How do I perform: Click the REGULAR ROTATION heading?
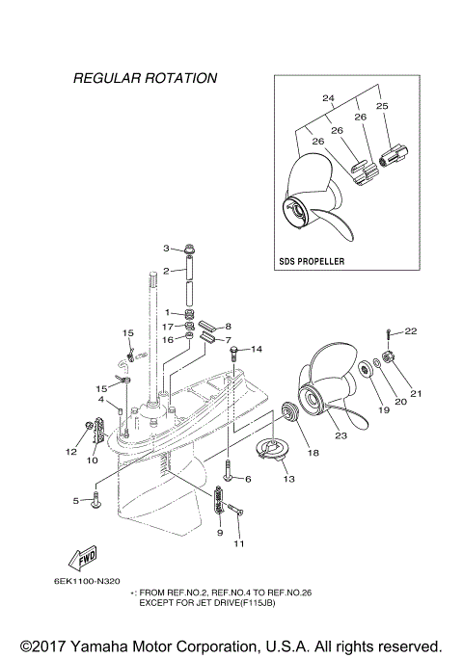145,77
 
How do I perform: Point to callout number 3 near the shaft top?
166,248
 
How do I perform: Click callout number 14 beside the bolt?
257,350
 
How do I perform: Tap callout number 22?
410,331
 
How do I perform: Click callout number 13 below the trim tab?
288,477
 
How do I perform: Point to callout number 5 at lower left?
75,500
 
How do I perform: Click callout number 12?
70,451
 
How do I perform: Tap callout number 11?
239,543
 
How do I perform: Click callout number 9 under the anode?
219,532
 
